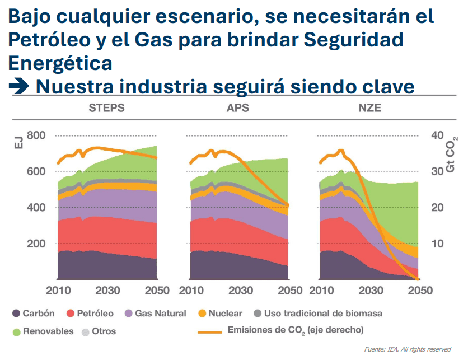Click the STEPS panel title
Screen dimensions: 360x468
coord(106,107)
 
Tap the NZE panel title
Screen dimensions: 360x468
coord(369,107)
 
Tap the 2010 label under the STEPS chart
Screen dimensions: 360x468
coord(58,291)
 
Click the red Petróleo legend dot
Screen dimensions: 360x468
coord(71,314)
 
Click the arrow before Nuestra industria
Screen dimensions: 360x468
coord(19,87)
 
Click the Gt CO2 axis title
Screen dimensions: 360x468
coord(452,154)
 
